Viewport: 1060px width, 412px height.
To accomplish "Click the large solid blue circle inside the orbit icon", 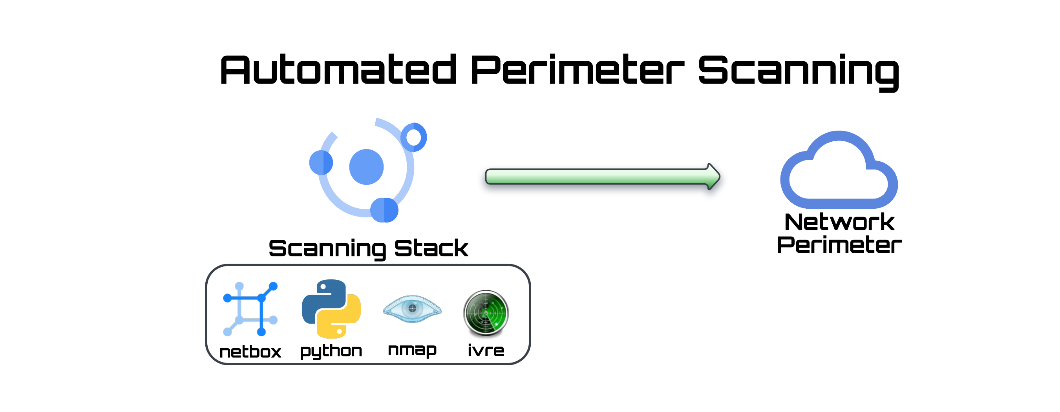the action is click(366, 167).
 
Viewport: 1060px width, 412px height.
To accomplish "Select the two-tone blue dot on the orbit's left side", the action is click(321, 163).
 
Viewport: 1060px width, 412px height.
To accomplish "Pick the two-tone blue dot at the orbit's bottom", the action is click(384, 210).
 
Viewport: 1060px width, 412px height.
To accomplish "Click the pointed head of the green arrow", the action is click(714, 177).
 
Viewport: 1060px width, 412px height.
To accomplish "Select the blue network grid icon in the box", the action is click(250, 309).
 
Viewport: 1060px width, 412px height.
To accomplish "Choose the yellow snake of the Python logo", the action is click(345, 321).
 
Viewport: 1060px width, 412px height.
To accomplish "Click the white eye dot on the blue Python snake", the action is click(323, 286).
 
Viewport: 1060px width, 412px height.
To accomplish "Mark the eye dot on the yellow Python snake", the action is click(339, 331).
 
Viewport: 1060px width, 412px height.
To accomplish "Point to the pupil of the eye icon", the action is click(412, 308).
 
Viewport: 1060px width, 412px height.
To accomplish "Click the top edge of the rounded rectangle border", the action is click(368, 265).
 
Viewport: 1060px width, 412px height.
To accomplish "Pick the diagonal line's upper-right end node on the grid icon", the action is click(274, 286).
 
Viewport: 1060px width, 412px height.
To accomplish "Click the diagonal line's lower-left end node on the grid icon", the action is click(227, 332).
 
